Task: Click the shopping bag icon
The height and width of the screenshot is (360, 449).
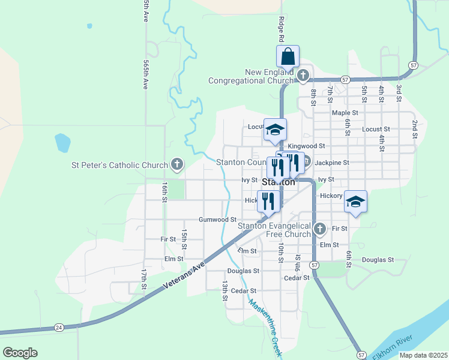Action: [288, 56]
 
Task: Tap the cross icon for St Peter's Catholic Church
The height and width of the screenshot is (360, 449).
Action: [176, 164]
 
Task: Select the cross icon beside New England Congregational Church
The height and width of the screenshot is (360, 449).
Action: [303, 76]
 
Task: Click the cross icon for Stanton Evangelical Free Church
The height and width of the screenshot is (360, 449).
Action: [320, 229]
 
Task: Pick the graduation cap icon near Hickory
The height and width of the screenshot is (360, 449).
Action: [355, 202]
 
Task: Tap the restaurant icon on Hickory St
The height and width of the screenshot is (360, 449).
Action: [268, 200]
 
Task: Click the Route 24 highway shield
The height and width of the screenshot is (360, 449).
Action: [59, 327]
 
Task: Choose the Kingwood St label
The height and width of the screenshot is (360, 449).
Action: [306, 146]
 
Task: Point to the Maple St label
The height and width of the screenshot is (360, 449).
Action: [345, 113]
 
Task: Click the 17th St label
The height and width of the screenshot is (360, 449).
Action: [144, 278]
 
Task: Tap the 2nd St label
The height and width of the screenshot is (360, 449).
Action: [414, 129]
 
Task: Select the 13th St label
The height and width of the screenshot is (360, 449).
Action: [224, 290]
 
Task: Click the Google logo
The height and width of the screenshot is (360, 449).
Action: [20, 353]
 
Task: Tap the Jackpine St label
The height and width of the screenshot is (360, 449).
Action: [331, 163]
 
